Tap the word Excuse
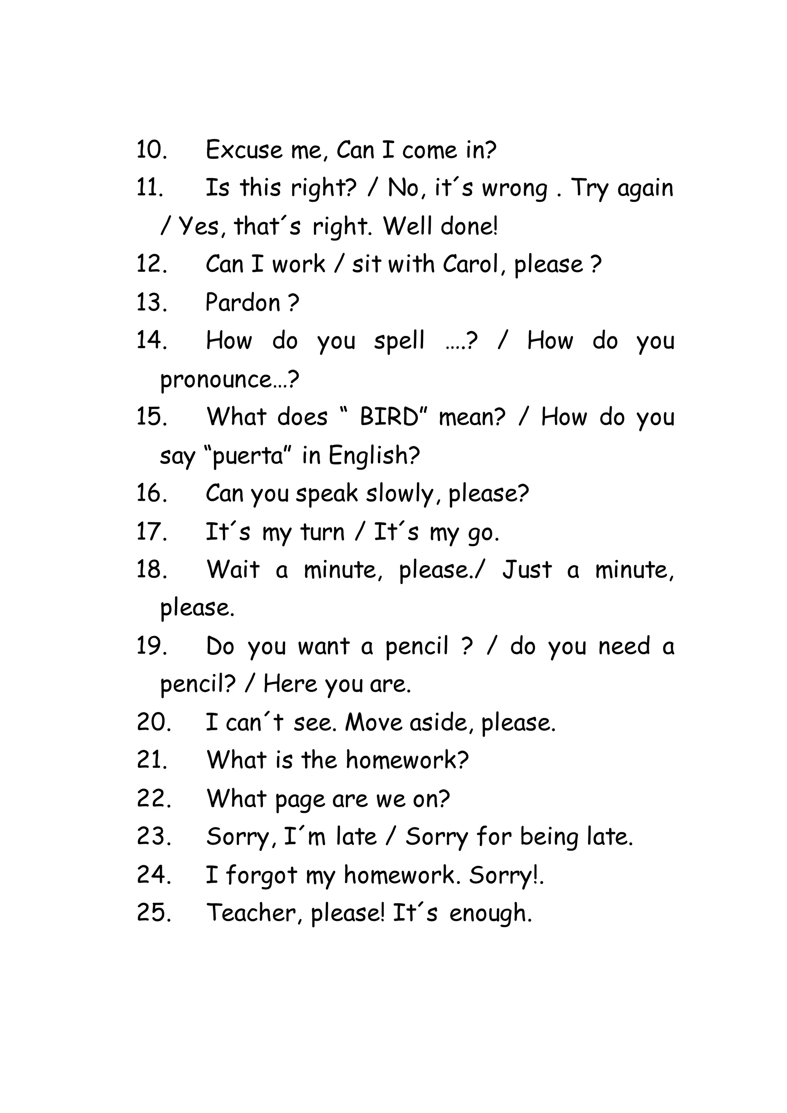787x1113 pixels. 244,150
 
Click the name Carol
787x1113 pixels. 470,265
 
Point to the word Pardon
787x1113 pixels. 243,303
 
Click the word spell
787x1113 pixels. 399,341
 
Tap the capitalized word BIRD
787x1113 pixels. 389,417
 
